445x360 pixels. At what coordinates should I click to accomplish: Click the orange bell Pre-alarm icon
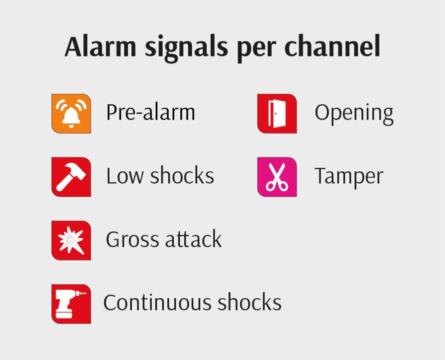71,113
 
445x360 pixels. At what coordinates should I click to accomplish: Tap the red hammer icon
71,177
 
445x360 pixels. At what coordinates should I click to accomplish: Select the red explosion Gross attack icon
71,240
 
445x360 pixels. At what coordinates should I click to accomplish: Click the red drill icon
71,304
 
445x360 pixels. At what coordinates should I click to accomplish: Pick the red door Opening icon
277,113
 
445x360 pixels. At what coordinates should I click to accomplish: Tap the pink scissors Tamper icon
277,177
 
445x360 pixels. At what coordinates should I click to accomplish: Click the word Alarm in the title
100,47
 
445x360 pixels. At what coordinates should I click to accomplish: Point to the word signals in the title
186,48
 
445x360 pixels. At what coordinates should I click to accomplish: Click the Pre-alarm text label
151,112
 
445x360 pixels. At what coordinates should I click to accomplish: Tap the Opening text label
354,114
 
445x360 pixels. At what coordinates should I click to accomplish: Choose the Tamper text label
349,177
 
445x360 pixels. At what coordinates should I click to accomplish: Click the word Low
125,176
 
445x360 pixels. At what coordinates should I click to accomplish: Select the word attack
193,239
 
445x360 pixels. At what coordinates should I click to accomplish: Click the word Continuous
157,303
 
